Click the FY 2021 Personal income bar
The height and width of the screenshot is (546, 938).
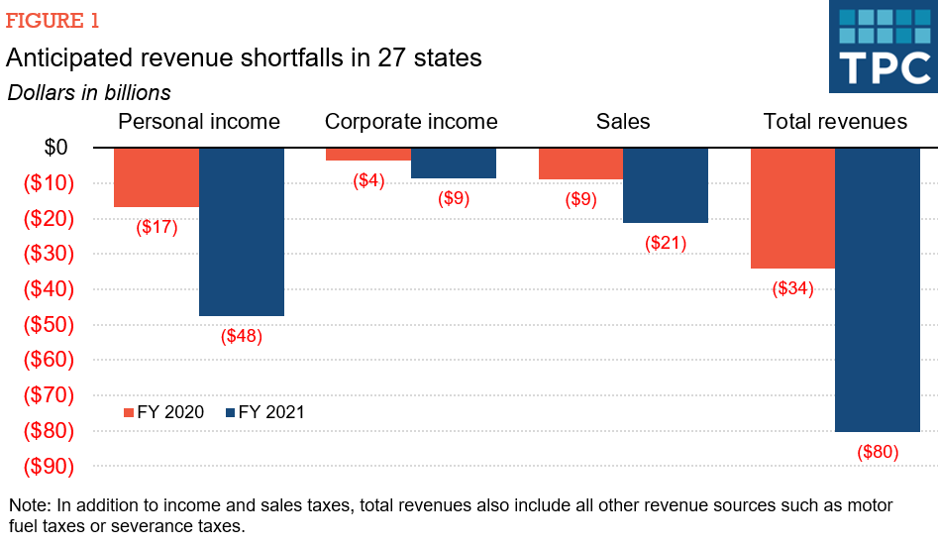pos(242,232)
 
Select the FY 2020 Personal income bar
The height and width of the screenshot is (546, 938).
pos(156,177)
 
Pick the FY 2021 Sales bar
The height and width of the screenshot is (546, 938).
pos(666,185)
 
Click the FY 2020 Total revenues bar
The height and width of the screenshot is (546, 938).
pos(792,208)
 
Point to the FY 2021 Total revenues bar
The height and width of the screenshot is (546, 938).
pos(878,289)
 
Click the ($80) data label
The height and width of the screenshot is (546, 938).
pos(878,453)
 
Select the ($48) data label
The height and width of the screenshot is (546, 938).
pos(242,336)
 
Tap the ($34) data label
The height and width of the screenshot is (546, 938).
pos(792,289)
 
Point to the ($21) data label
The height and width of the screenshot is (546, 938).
pos(666,243)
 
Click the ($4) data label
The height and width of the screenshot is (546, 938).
pos(368,180)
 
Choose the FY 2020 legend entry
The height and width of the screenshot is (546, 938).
pos(163,412)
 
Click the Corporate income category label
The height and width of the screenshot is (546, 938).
pos(411,122)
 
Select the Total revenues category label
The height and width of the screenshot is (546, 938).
pos(835,122)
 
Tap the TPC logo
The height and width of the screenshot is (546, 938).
pos(883,47)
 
